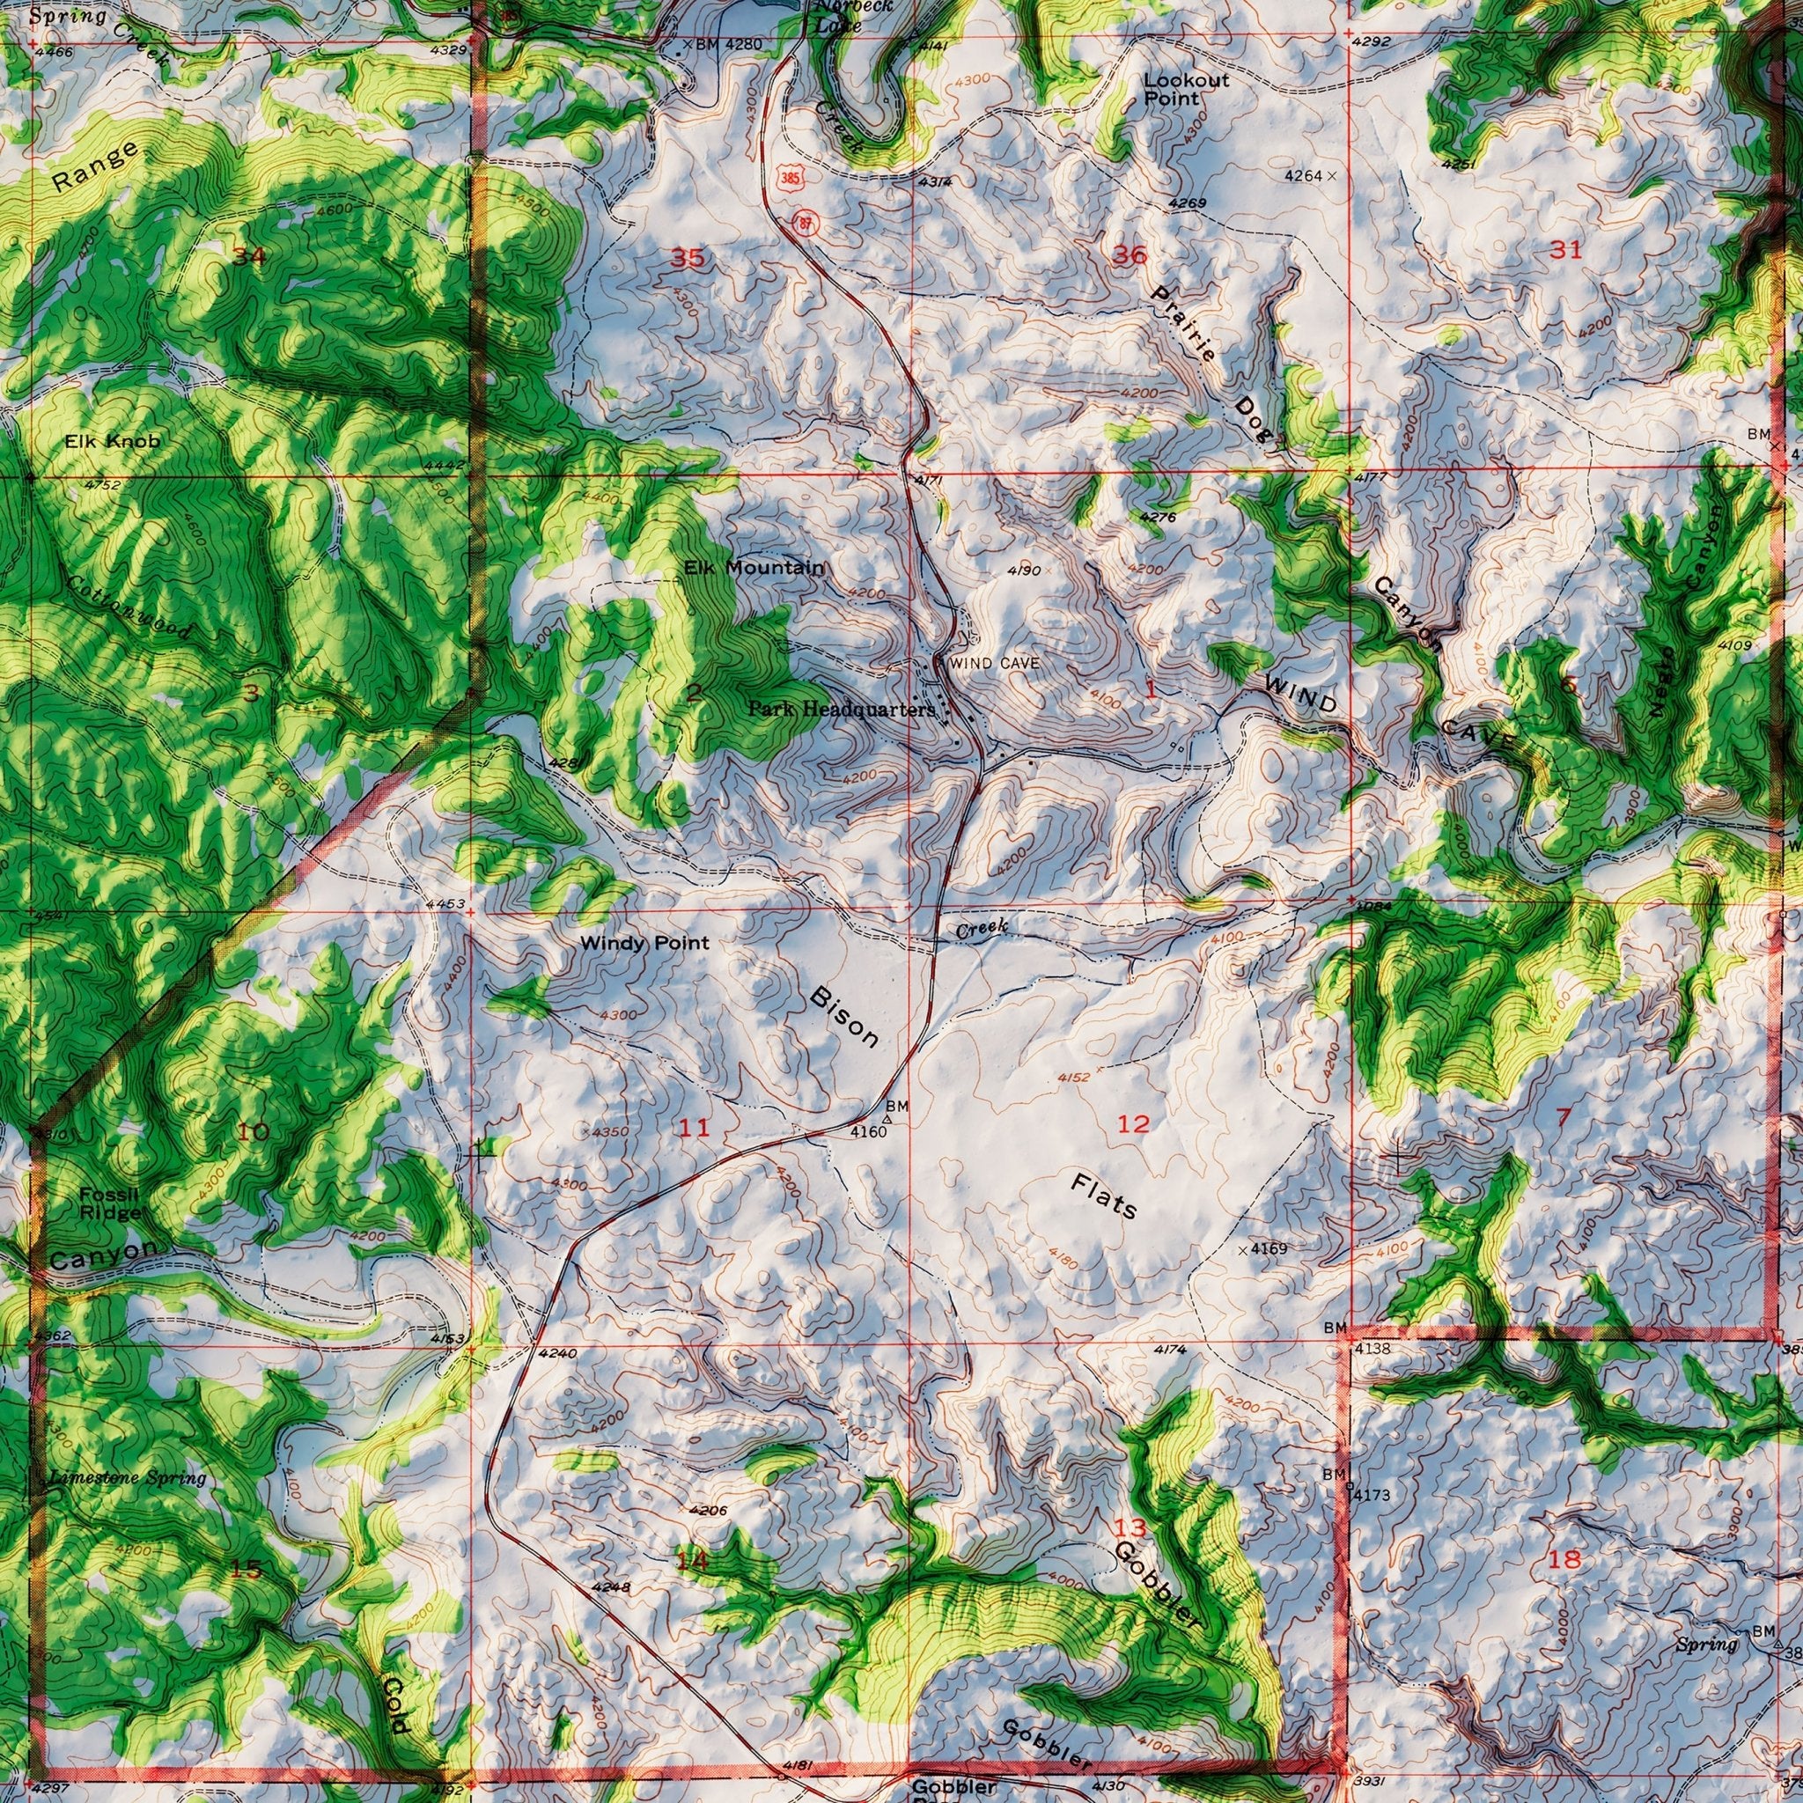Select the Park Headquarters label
(x=841, y=710)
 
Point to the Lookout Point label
(x=1186, y=89)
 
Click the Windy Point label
(x=644, y=944)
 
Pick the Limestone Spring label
(x=127, y=1478)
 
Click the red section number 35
(x=688, y=259)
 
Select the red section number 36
(x=1130, y=254)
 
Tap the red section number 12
(x=1134, y=1123)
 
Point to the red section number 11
(x=694, y=1129)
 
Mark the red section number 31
(x=1565, y=249)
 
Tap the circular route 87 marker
(x=803, y=221)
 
